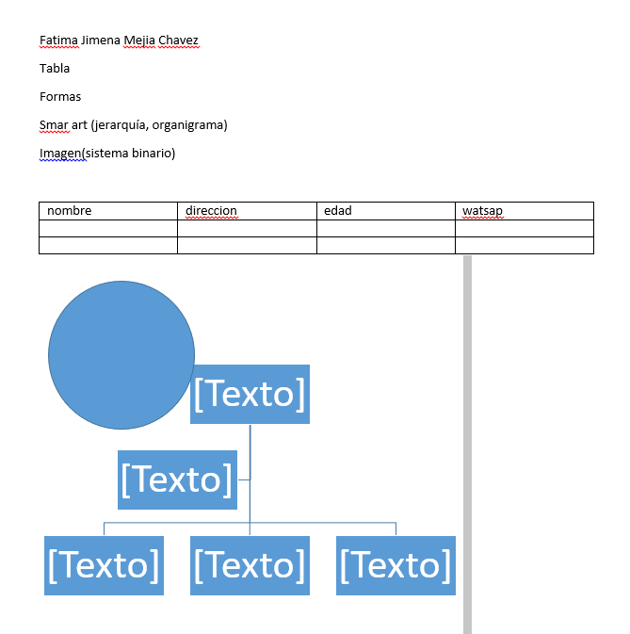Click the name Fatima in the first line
[58, 40]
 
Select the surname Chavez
[178, 40]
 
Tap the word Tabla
[55, 69]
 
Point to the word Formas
[60, 97]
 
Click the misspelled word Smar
[54, 125]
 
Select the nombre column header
[70, 211]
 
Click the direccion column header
[211, 211]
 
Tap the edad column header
[338, 211]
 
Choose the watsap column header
[482, 211]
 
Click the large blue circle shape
[121, 355]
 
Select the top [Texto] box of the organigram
[250, 394]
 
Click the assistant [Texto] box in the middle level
[177, 480]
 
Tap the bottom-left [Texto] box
[104, 565]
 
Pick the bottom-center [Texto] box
[250, 565]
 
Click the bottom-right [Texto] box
[396, 565]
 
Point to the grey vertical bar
[467, 445]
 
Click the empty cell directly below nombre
[108, 229]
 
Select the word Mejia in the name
[139, 40]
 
